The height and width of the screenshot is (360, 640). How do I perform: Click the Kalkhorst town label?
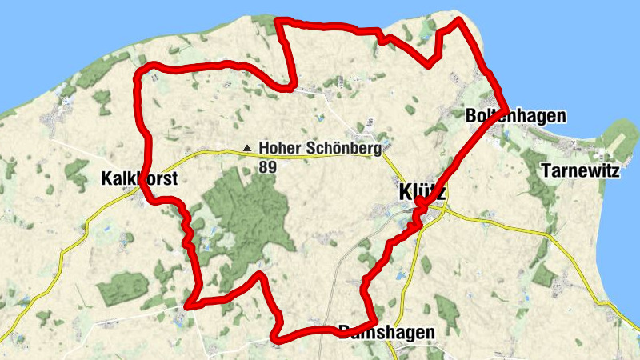tap(139, 178)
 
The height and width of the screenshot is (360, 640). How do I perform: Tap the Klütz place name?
tap(422, 193)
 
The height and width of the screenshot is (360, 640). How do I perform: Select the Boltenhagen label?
tap(515, 116)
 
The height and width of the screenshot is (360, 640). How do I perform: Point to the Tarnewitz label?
tap(580, 170)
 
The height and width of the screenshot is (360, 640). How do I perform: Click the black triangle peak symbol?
tap(247, 148)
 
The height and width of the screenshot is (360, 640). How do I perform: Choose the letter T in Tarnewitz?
tap(546, 170)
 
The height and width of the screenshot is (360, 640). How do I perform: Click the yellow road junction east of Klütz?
tap(445, 212)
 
